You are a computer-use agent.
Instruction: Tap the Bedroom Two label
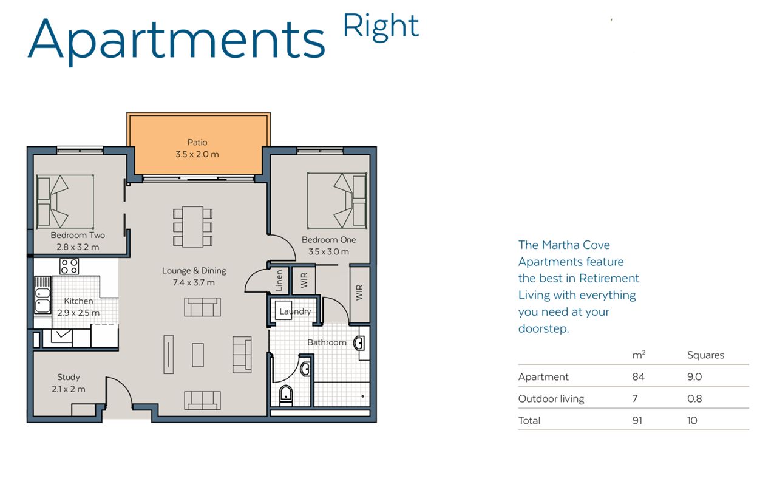tap(78, 236)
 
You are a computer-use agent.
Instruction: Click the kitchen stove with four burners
tap(69, 267)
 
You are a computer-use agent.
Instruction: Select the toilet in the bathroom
tap(286, 395)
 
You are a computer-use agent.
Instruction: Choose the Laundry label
tap(295, 311)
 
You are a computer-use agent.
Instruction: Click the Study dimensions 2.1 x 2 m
tap(69, 389)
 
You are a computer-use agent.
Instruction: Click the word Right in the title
tap(381, 26)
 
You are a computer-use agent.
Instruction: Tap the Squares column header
tap(705, 355)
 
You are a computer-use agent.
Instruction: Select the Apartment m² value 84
tap(638, 377)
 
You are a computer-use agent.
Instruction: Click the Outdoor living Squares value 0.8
tap(694, 399)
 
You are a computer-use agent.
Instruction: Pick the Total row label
tap(529, 420)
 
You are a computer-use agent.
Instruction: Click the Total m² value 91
tap(637, 420)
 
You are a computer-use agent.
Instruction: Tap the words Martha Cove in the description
tap(576, 245)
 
